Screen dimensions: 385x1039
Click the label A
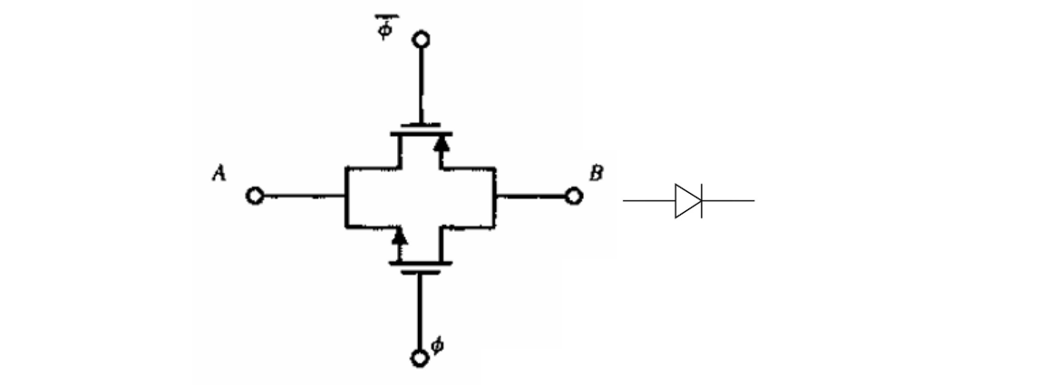(218, 175)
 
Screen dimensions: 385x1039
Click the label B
(595, 173)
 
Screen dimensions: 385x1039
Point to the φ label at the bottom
(440, 344)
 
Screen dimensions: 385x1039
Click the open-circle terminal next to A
(255, 196)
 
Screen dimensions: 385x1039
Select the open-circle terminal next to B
(572, 195)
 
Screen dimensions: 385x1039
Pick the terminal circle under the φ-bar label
(421, 40)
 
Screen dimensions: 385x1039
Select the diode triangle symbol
(687, 200)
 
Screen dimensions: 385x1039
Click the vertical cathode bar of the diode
(701, 200)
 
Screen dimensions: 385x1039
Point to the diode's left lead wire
(648, 200)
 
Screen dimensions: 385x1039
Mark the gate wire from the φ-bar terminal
(421, 86)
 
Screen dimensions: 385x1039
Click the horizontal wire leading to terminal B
(530, 195)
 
